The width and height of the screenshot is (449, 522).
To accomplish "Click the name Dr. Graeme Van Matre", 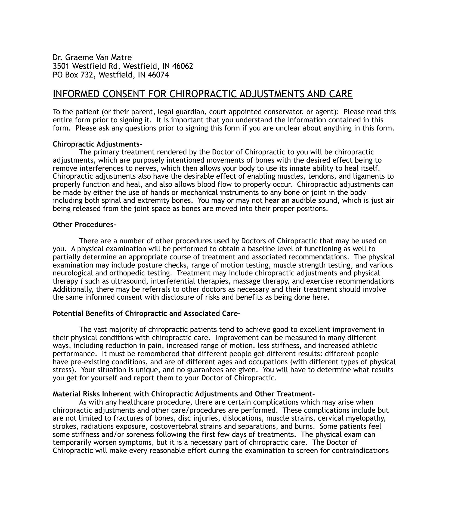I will tap(92, 57).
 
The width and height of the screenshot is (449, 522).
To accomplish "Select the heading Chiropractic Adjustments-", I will tap(97, 144).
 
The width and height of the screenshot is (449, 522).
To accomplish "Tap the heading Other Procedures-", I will tap(84, 225).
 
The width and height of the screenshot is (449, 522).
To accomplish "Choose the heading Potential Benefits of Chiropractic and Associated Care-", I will tap(146, 313).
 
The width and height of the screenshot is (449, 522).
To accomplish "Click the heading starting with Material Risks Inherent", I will tap(184, 394).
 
